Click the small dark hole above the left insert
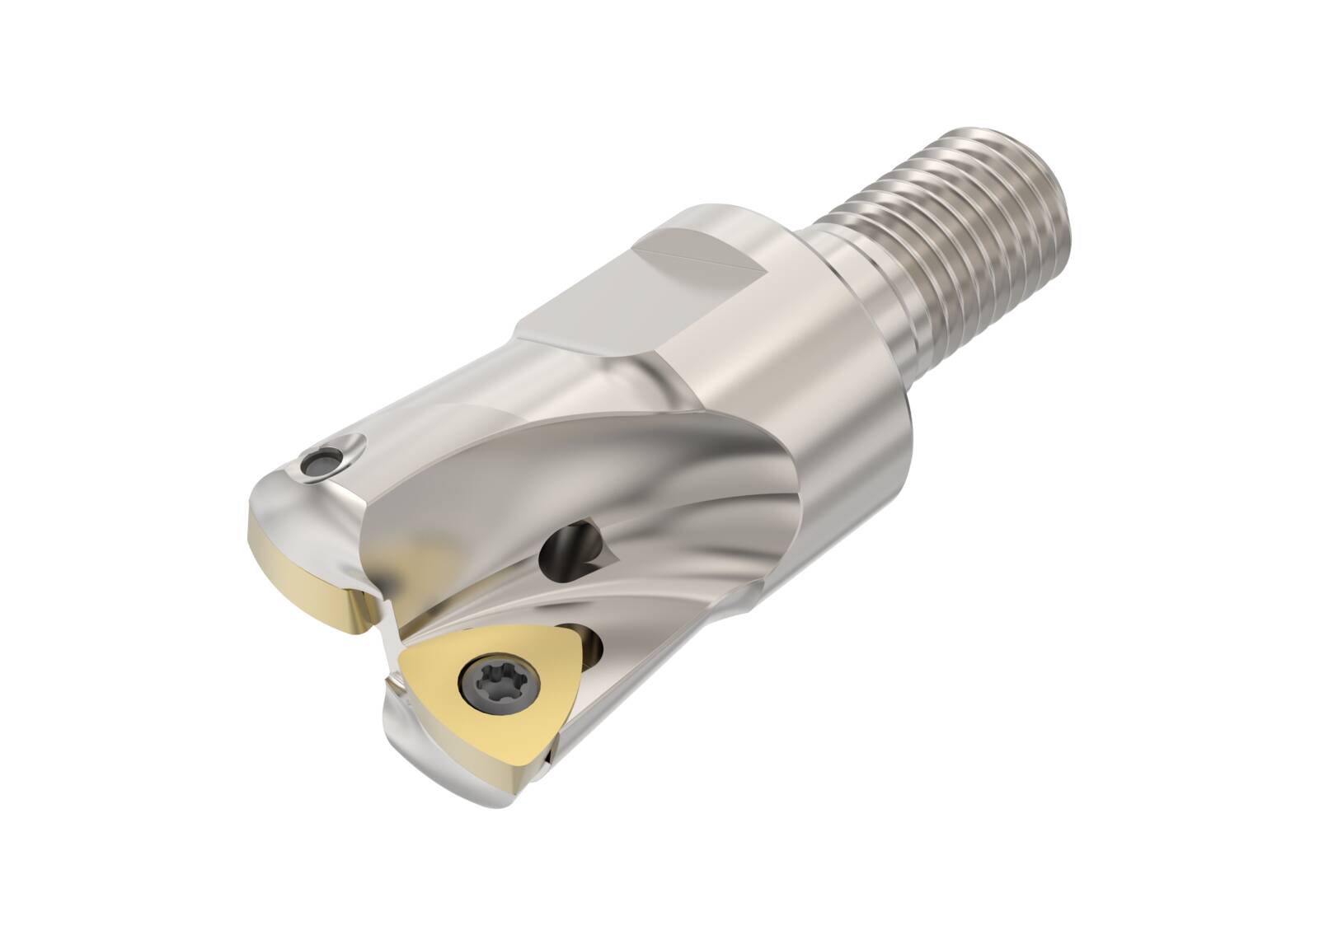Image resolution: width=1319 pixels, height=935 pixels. tap(317, 460)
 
